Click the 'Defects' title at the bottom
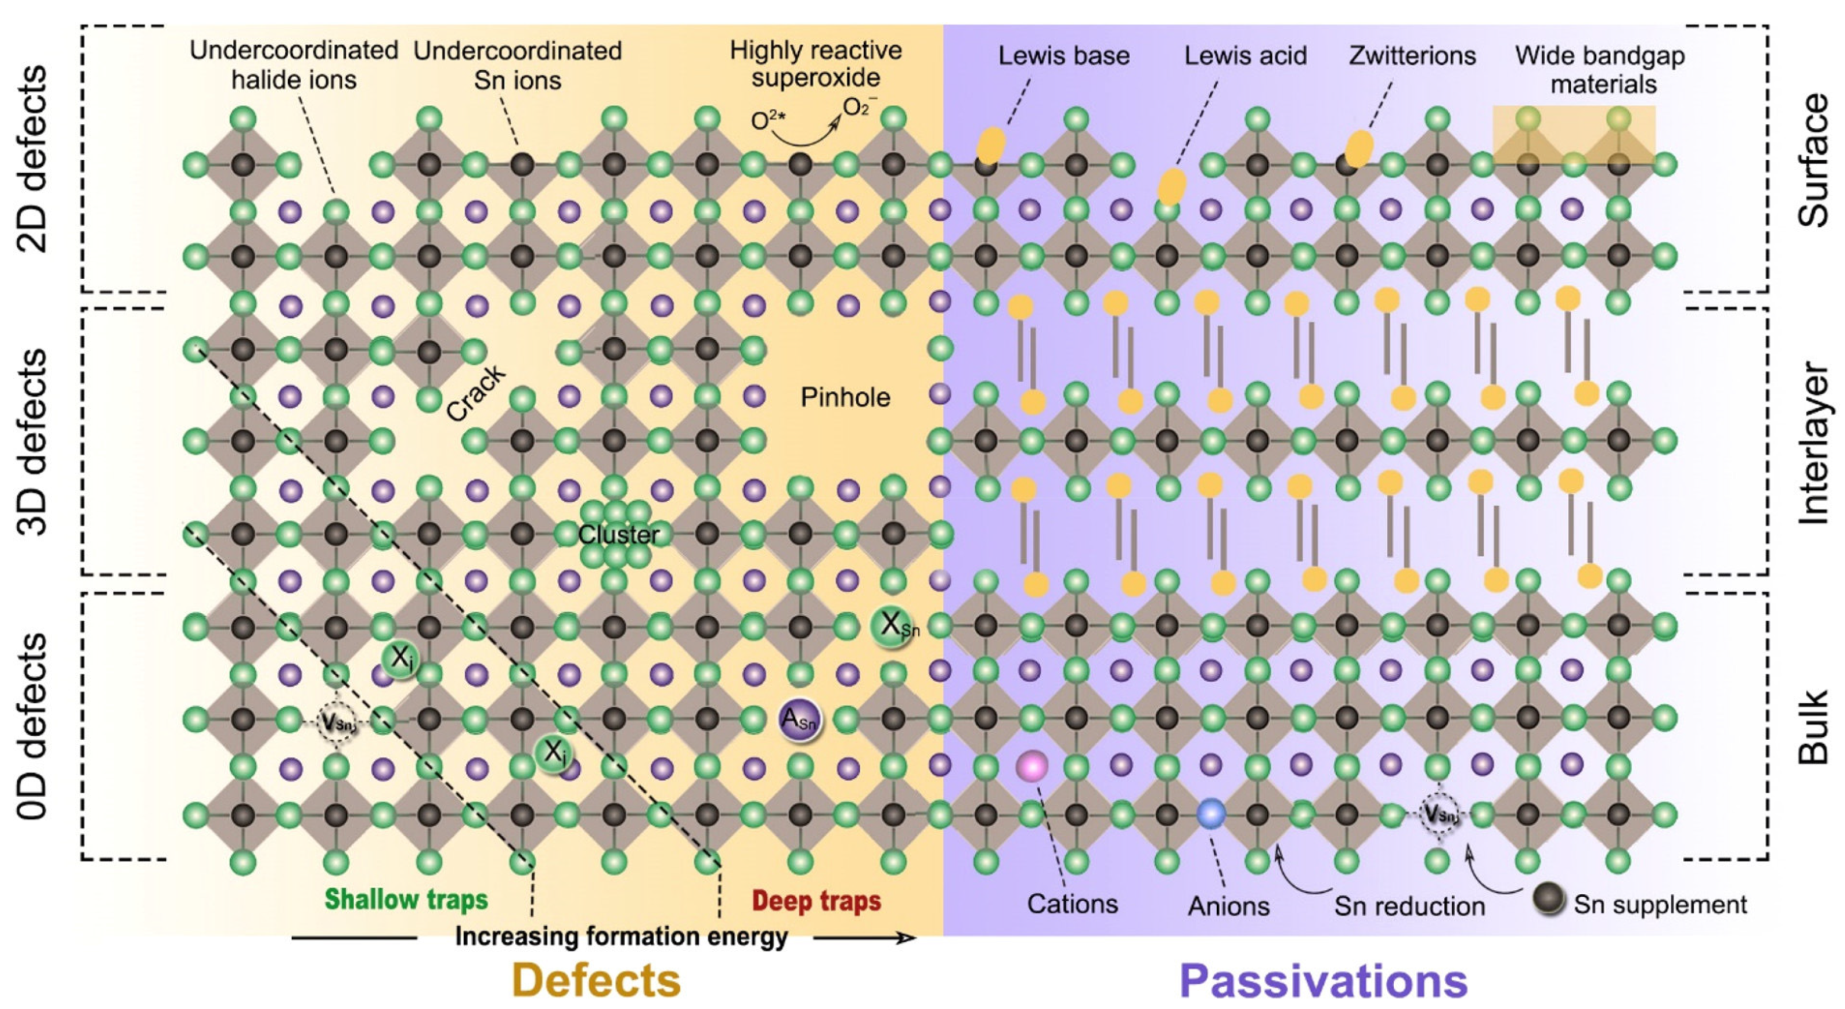[x=596, y=980]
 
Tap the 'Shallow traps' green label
[x=406, y=900]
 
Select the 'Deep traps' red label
[x=817, y=901]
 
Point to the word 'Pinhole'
[x=845, y=397]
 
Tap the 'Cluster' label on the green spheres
[x=618, y=535]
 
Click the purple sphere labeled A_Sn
[x=799, y=719]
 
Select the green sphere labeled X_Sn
[x=893, y=626]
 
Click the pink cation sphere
[x=1031, y=766]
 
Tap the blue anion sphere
[x=1211, y=814]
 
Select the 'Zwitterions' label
[x=1412, y=56]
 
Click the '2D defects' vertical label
[x=33, y=158]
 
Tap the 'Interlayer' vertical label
[x=1813, y=442]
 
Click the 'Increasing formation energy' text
[x=621, y=936]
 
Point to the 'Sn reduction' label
[x=1409, y=907]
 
